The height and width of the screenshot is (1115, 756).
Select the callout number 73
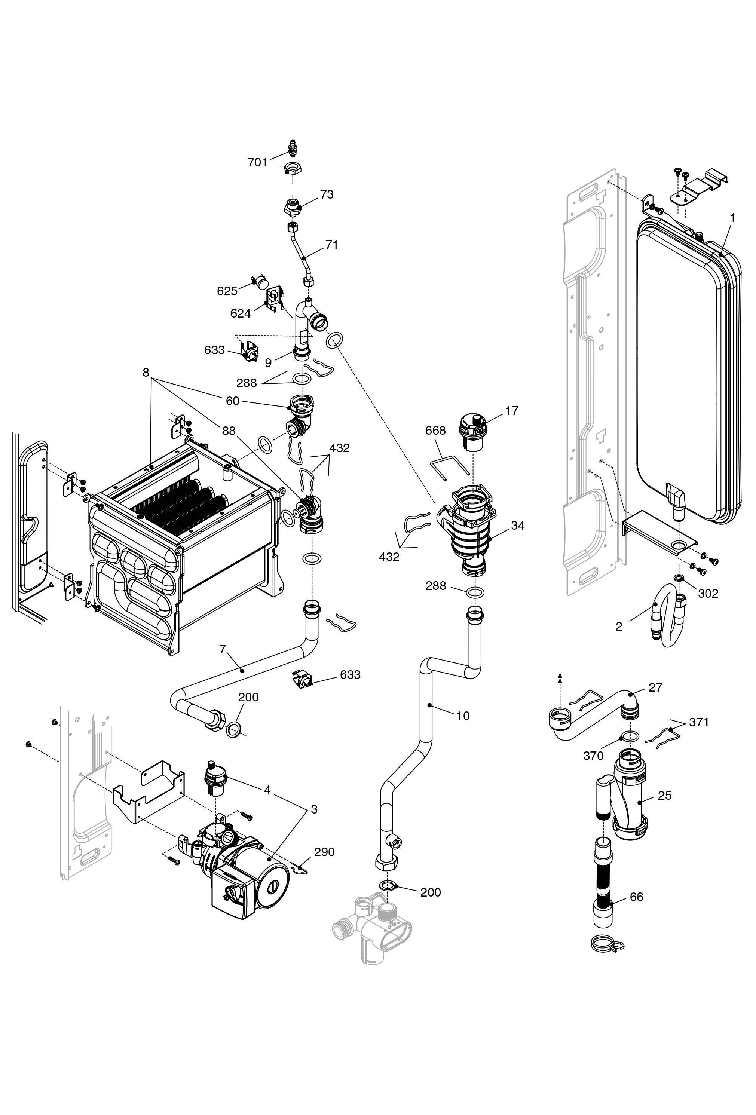tap(327, 195)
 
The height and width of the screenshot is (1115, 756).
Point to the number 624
tap(240, 314)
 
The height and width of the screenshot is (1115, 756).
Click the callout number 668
tap(435, 431)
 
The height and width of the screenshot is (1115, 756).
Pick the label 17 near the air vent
tap(511, 411)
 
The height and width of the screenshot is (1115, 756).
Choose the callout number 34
tap(518, 526)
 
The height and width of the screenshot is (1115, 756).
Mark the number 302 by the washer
tap(708, 594)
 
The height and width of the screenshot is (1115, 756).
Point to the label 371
tap(698, 722)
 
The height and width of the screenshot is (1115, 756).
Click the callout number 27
tap(655, 687)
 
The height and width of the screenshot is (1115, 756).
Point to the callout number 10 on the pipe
tap(463, 716)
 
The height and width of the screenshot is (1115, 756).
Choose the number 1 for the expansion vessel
tap(732, 218)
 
